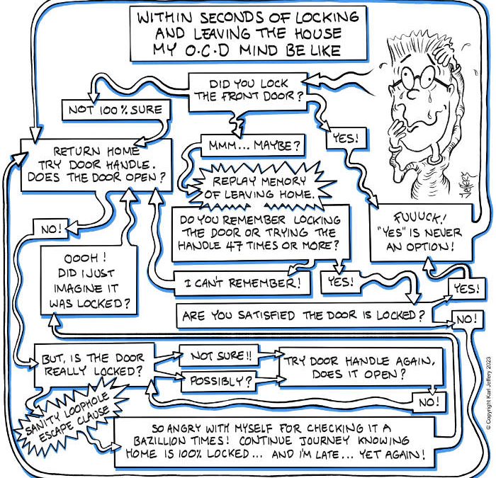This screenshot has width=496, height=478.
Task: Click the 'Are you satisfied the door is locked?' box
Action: pos(304,315)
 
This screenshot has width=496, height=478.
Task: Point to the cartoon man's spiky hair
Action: pos(418,42)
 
